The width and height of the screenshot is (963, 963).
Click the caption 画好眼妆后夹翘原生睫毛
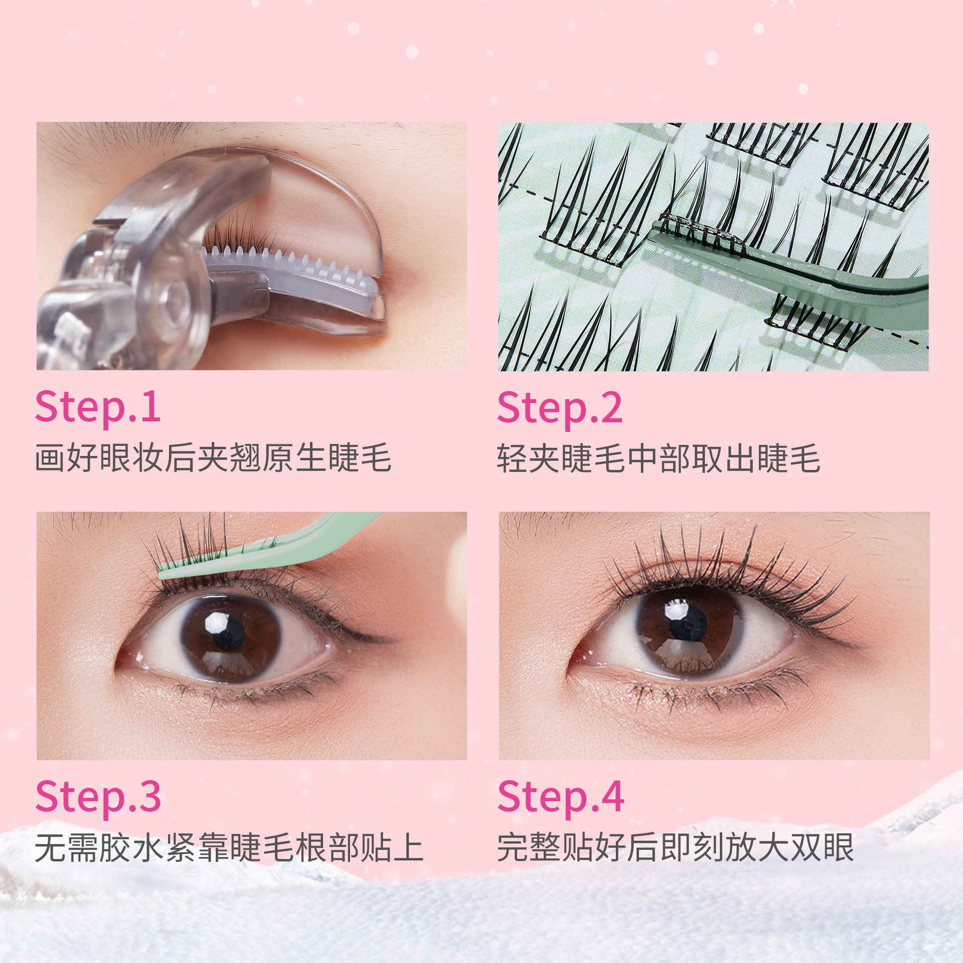pyautogui.click(x=213, y=457)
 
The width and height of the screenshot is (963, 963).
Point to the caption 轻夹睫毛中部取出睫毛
pyautogui.click(x=659, y=458)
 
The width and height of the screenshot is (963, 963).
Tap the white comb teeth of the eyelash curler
pyautogui.click(x=291, y=265)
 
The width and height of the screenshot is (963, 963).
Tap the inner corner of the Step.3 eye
pyautogui.click(x=120, y=664)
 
